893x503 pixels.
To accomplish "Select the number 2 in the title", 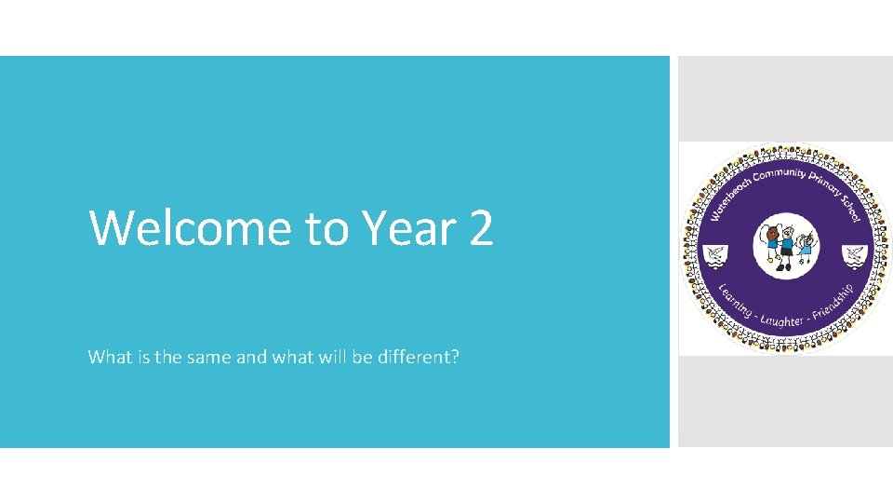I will pos(481,227).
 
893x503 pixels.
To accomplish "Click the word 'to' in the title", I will pos(326,229).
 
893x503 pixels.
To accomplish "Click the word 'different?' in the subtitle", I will pos(416,357).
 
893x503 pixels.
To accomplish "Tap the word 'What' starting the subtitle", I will pos(107,357).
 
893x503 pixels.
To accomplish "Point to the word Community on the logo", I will pos(780,172).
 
